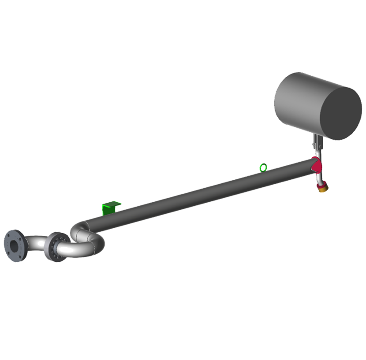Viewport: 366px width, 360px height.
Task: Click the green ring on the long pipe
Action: pyautogui.click(x=263, y=167)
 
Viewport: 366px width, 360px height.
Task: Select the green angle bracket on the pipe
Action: pyautogui.click(x=110, y=208)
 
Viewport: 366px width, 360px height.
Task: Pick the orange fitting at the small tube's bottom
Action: pyautogui.click(x=324, y=188)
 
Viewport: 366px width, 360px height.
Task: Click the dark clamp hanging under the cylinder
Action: pyautogui.click(x=317, y=143)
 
